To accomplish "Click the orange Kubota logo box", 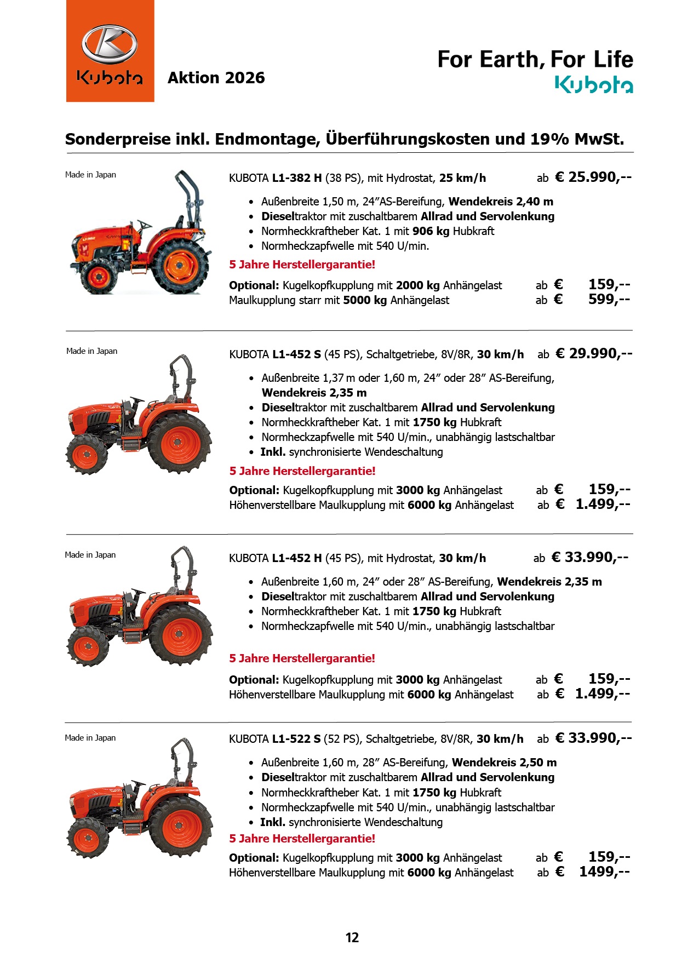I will [x=110, y=51].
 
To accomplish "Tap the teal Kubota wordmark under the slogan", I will [x=594, y=85].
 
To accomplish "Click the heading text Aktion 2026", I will [x=216, y=78].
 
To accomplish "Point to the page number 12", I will [x=352, y=937].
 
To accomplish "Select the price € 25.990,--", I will [x=593, y=177].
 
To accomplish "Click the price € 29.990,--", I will [x=594, y=353].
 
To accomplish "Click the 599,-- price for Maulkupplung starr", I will [x=609, y=300].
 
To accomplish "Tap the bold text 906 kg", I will [x=431, y=231].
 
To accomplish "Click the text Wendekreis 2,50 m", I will [x=504, y=763].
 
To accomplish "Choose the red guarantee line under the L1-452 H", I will [x=302, y=658].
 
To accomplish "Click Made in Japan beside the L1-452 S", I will [x=91, y=351].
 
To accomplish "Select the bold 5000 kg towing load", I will [x=365, y=300].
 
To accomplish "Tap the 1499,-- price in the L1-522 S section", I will [x=604, y=872].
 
